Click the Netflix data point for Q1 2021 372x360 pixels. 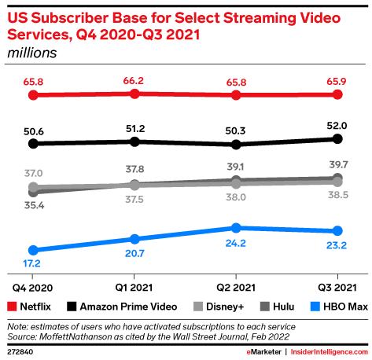pyautogui.click(x=134, y=94)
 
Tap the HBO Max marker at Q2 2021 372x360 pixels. pyautogui.click(x=236, y=228)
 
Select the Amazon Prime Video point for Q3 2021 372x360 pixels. pyautogui.click(x=337, y=138)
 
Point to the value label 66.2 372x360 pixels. pyautogui.click(x=134, y=79)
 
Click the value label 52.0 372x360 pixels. pyautogui.click(x=337, y=124)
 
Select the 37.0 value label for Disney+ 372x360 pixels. pyautogui.click(x=33, y=173)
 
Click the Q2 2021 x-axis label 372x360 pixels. pyautogui.click(x=236, y=288)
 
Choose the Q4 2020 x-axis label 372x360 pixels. pyautogui.click(x=33, y=288)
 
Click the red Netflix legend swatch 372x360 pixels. pyautogui.click(x=12, y=306)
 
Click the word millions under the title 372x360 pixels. pyautogui.click(x=33, y=53)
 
